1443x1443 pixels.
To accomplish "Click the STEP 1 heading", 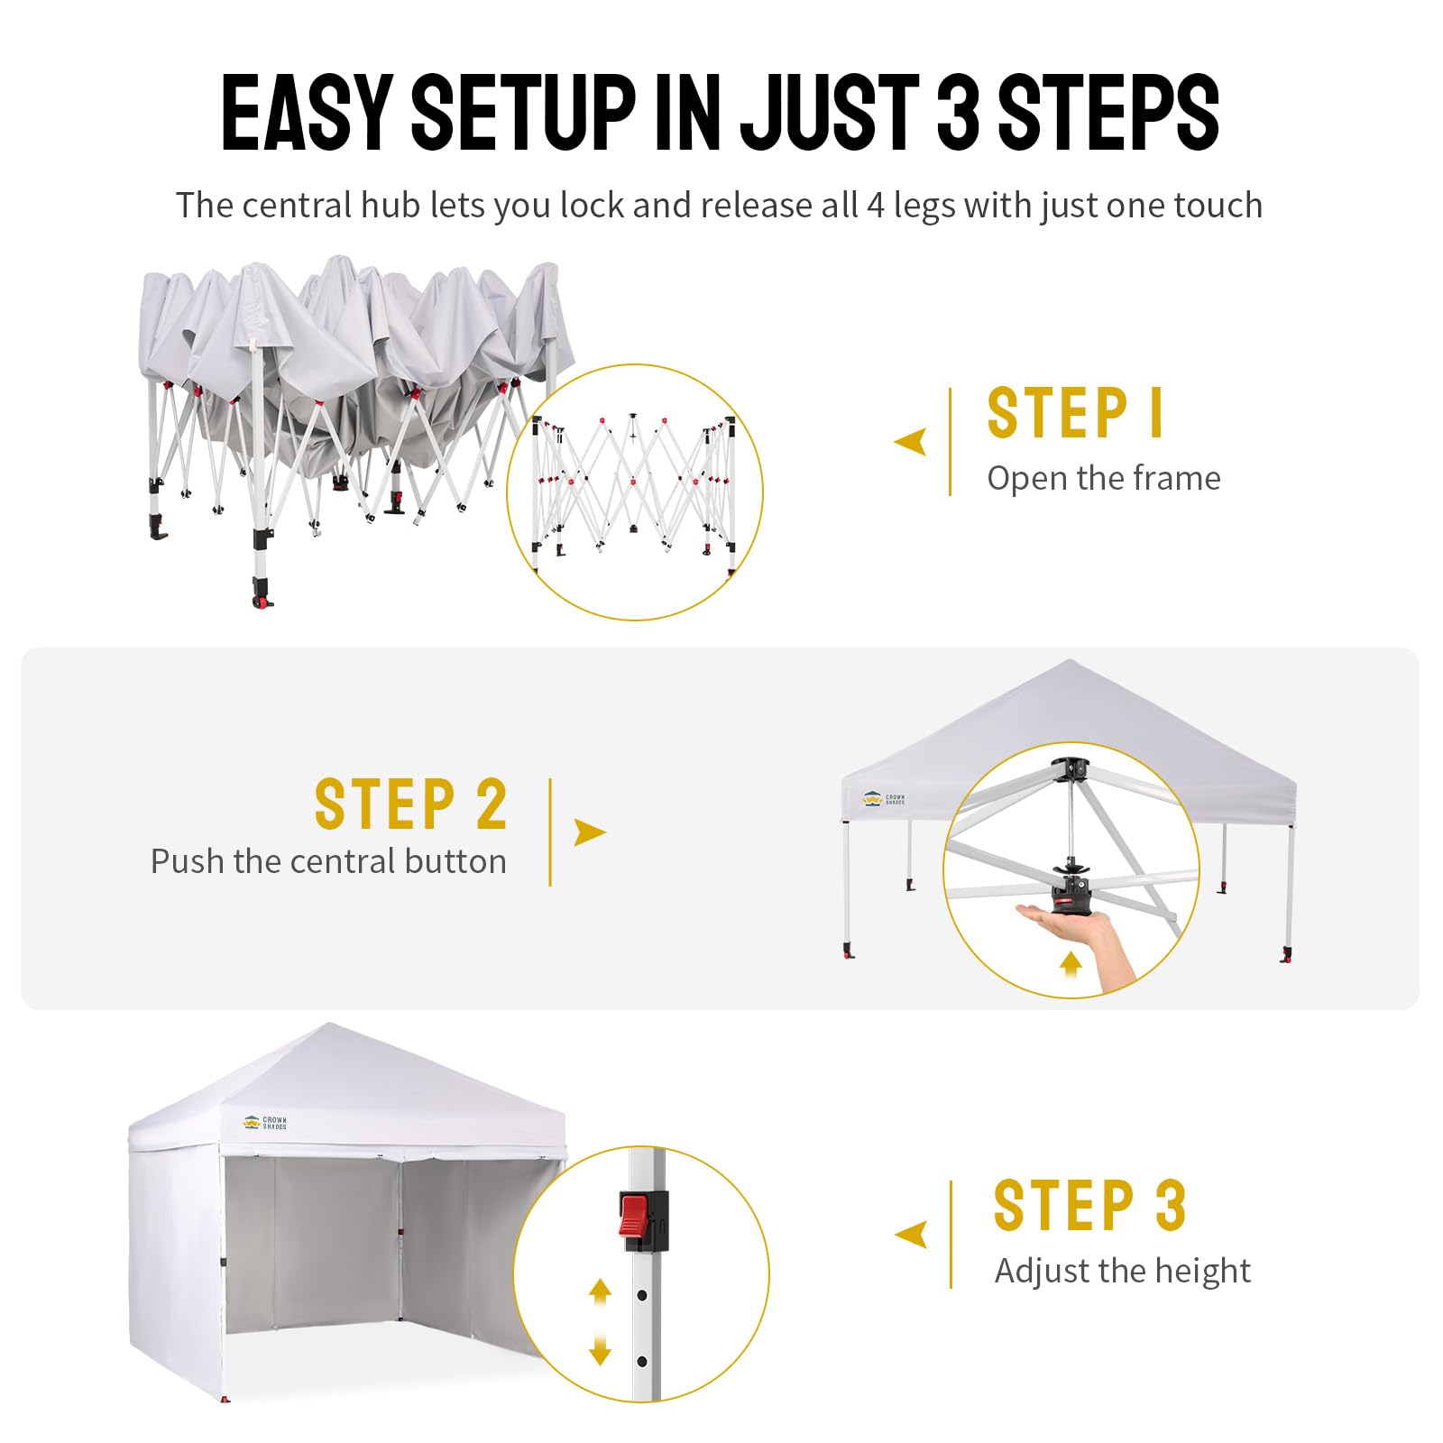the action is click(1076, 413).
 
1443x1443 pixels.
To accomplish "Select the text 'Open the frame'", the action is click(1104, 478).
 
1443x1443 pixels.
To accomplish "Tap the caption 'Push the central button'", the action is click(328, 861).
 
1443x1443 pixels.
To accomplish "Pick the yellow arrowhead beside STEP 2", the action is click(589, 832).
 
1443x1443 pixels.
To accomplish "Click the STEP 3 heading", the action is click(1089, 1205).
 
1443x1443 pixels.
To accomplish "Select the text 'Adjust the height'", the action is click(1122, 1271).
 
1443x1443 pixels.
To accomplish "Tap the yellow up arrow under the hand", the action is click(1071, 963).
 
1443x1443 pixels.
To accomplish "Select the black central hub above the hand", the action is click(1073, 888).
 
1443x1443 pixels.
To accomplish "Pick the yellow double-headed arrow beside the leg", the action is click(600, 1323).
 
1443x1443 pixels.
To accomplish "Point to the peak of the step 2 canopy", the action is click(1070, 660).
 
